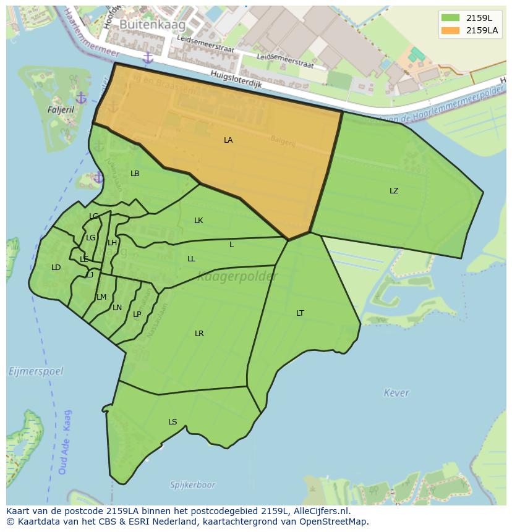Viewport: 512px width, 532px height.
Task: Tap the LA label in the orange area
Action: coord(228,140)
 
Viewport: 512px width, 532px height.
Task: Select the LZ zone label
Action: coord(394,191)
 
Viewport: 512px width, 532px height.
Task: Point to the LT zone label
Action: coord(300,313)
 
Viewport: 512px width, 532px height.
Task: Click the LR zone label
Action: coord(199,334)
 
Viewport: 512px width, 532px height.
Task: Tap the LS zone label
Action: coord(173,422)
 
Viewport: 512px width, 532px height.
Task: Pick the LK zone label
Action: coord(198,221)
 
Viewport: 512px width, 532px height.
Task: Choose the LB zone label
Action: coord(135,174)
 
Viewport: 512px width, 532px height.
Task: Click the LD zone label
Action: coord(56,268)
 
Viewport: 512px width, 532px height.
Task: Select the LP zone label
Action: coord(137,315)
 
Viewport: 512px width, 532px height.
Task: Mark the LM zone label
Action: coord(101,297)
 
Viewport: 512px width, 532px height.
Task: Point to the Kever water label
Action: coord(396,393)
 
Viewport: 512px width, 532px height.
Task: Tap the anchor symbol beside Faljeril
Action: coord(81,98)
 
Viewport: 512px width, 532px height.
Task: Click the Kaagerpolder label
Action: coord(237,277)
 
